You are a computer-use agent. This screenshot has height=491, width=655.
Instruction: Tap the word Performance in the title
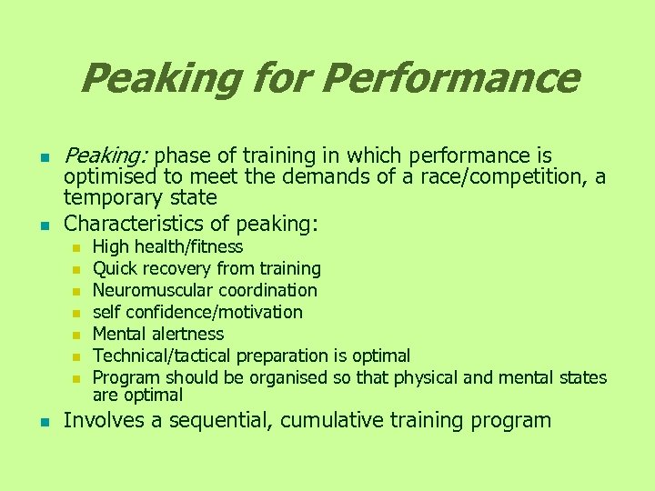pyautogui.click(x=449, y=78)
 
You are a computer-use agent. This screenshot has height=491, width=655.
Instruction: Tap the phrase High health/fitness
pyautogui.click(x=168, y=246)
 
